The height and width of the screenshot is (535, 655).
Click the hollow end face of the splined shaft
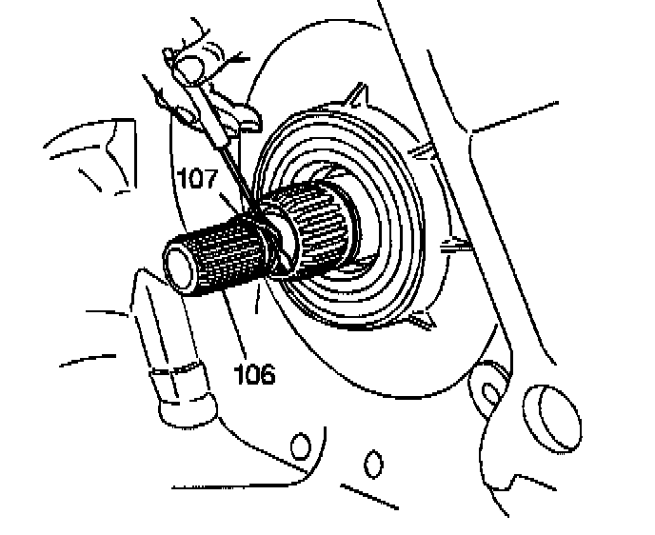pos(178,262)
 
